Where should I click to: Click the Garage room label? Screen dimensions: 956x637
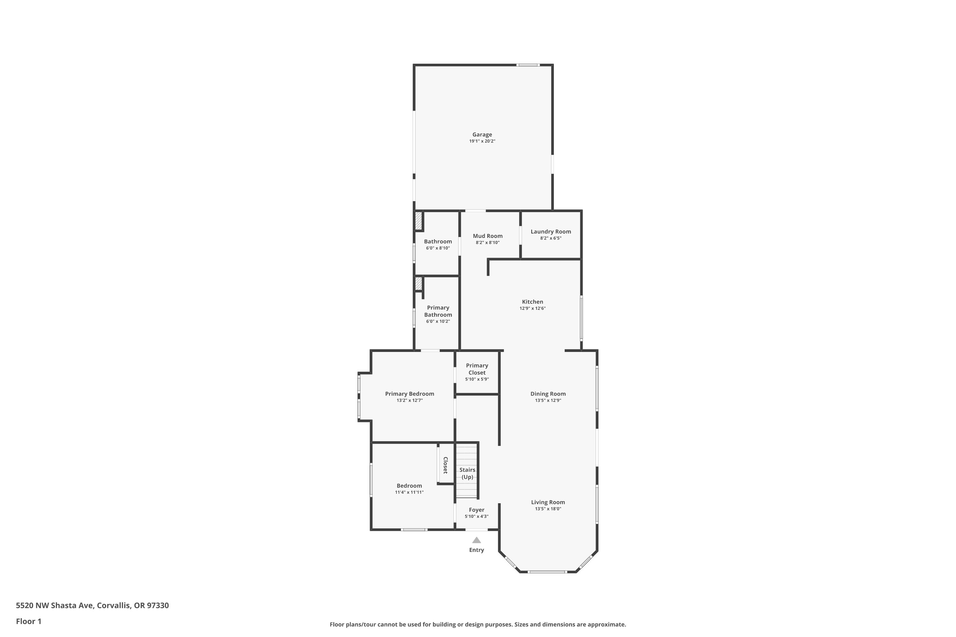[482, 134]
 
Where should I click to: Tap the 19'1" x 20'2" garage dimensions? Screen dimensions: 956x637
[482, 141]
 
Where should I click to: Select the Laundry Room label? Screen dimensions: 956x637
[551, 232]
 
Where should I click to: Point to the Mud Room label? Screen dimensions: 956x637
[488, 236]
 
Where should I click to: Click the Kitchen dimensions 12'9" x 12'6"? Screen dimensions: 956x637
[532, 308]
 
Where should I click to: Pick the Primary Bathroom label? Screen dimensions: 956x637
[438, 311]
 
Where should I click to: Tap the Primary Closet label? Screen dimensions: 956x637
[477, 369]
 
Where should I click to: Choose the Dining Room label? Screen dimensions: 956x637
[548, 394]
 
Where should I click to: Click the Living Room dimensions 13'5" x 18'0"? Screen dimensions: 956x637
[548, 509]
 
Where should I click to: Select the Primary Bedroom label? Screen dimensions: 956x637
[410, 394]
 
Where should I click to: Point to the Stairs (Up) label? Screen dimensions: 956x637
[467, 473]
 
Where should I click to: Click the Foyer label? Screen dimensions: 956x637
[477, 510]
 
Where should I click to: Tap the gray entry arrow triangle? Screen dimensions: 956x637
[477, 540]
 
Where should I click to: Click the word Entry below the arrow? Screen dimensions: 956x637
[477, 550]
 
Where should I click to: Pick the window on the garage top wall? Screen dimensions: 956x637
[528, 65]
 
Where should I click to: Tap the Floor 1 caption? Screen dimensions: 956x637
[29, 621]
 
